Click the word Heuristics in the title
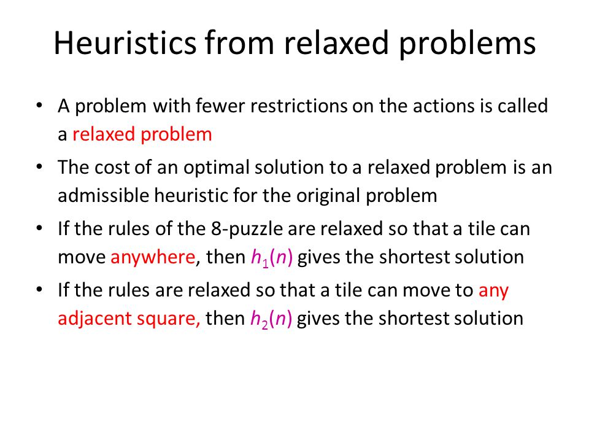(125, 42)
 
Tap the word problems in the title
(467, 45)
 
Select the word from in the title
(239, 42)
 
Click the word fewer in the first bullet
(220, 106)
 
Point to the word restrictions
(299, 106)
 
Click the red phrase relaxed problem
(142, 135)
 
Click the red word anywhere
(153, 258)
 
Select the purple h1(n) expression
(272, 258)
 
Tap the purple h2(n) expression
(271, 319)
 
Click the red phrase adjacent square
(129, 319)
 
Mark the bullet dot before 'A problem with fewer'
(39, 106)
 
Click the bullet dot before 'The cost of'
(39, 167)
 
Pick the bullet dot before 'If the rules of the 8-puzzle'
(39, 228)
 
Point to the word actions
(443, 106)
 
